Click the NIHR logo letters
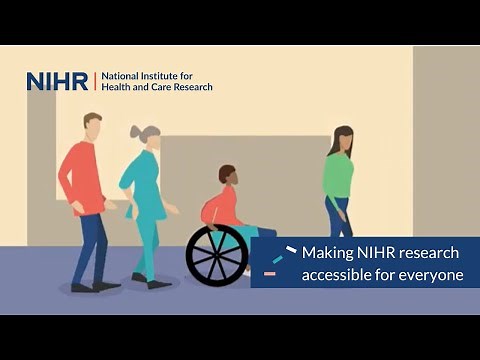(x=57, y=81)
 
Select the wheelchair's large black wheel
(x=216, y=255)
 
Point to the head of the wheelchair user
(x=227, y=175)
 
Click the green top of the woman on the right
(x=338, y=175)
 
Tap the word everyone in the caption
(x=432, y=274)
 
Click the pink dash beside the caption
(x=269, y=273)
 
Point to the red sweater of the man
(x=82, y=175)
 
